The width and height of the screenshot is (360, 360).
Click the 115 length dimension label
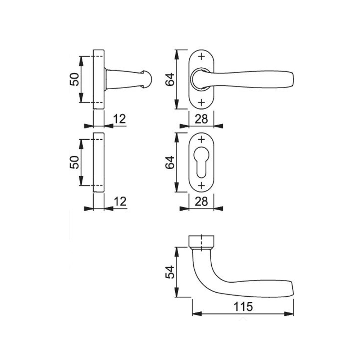pyautogui.click(x=243, y=307)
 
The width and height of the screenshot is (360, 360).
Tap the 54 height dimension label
pyautogui.click(x=170, y=272)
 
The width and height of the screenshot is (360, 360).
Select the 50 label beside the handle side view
pyautogui.click(x=75, y=79)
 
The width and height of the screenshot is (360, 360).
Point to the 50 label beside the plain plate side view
pyautogui.click(x=75, y=162)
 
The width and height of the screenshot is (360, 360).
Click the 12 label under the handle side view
pyautogui.click(x=120, y=119)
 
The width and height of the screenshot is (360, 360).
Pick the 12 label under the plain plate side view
pyautogui.click(x=120, y=202)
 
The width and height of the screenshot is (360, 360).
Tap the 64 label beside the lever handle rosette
pyautogui.click(x=170, y=80)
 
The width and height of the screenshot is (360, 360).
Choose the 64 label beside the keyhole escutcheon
pyautogui.click(x=170, y=163)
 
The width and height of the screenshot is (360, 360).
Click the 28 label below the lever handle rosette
pyautogui.click(x=201, y=119)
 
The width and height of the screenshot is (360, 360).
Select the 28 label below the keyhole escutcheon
pyautogui.click(x=201, y=202)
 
